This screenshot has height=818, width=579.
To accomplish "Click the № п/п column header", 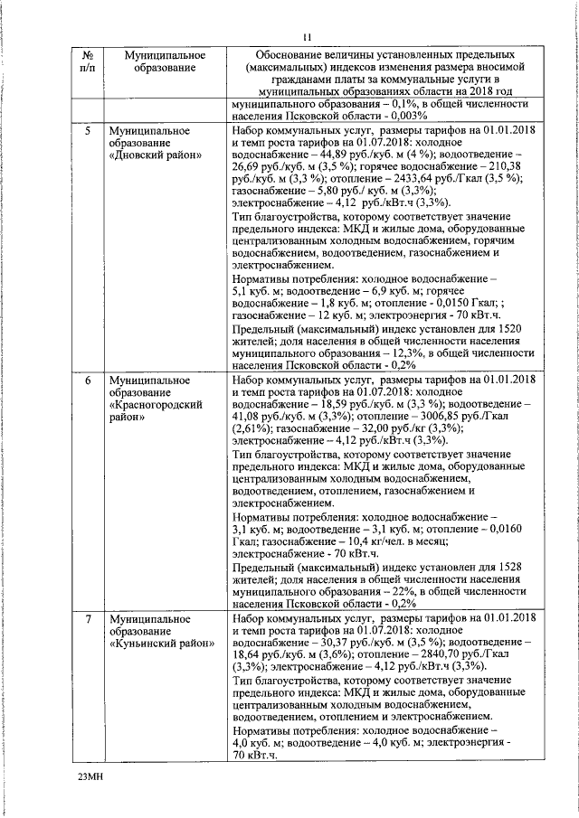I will tap(87, 61).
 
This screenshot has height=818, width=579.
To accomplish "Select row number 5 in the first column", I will tap(87, 131).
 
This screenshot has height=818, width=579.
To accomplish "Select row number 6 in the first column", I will tap(87, 380).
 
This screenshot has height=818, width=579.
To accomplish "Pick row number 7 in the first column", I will tap(87, 618).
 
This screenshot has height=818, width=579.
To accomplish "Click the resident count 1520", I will tap(511, 328).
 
